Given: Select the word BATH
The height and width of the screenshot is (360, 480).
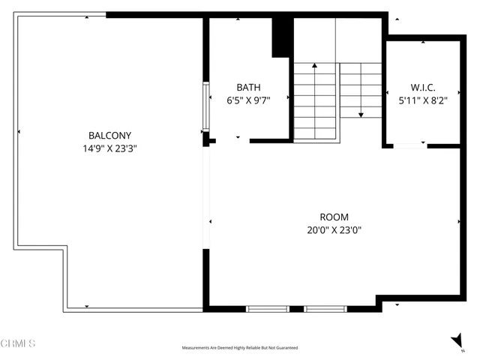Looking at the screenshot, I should click(x=248, y=87).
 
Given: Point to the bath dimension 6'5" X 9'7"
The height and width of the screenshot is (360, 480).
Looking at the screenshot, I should click(x=248, y=100).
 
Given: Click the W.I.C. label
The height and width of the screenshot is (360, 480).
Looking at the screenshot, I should click(x=423, y=87).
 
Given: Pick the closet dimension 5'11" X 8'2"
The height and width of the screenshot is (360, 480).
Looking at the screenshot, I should click(x=423, y=100).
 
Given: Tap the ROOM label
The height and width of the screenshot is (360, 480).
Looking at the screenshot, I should click(x=334, y=217).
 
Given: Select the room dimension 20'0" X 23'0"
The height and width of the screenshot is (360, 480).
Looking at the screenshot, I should click(x=334, y=231).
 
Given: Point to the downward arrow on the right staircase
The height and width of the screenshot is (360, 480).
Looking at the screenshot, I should click(x=361, y=114).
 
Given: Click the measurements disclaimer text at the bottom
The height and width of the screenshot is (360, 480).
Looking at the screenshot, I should click(x=240, y=348).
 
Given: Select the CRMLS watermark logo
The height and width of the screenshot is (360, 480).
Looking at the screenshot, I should click(x=18, y=343).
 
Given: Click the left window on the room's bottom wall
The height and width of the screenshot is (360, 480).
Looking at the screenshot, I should click(x=268, y=308).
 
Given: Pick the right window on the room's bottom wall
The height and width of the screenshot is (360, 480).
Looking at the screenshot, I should click(x=325, y=308).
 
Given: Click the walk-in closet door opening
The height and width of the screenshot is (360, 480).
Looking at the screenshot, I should click(x=410, y=145).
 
